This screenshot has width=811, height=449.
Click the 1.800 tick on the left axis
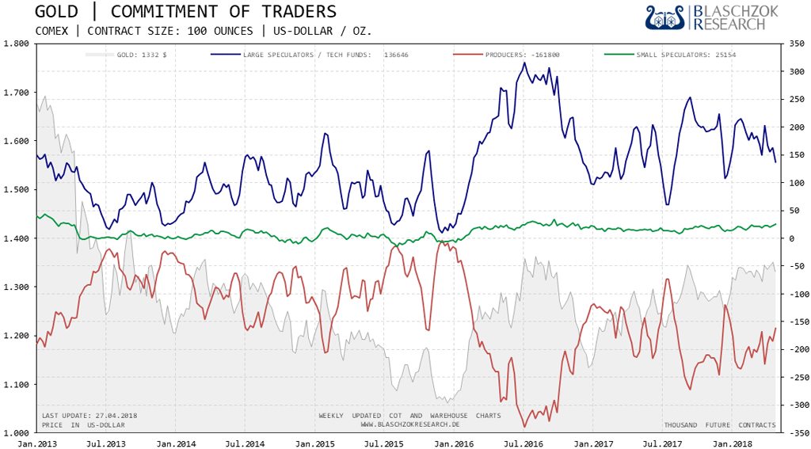(x=16, y=44)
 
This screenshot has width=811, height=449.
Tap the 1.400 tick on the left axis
(x=16, y=238)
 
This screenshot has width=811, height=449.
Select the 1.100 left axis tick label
(x=16, y=385)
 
